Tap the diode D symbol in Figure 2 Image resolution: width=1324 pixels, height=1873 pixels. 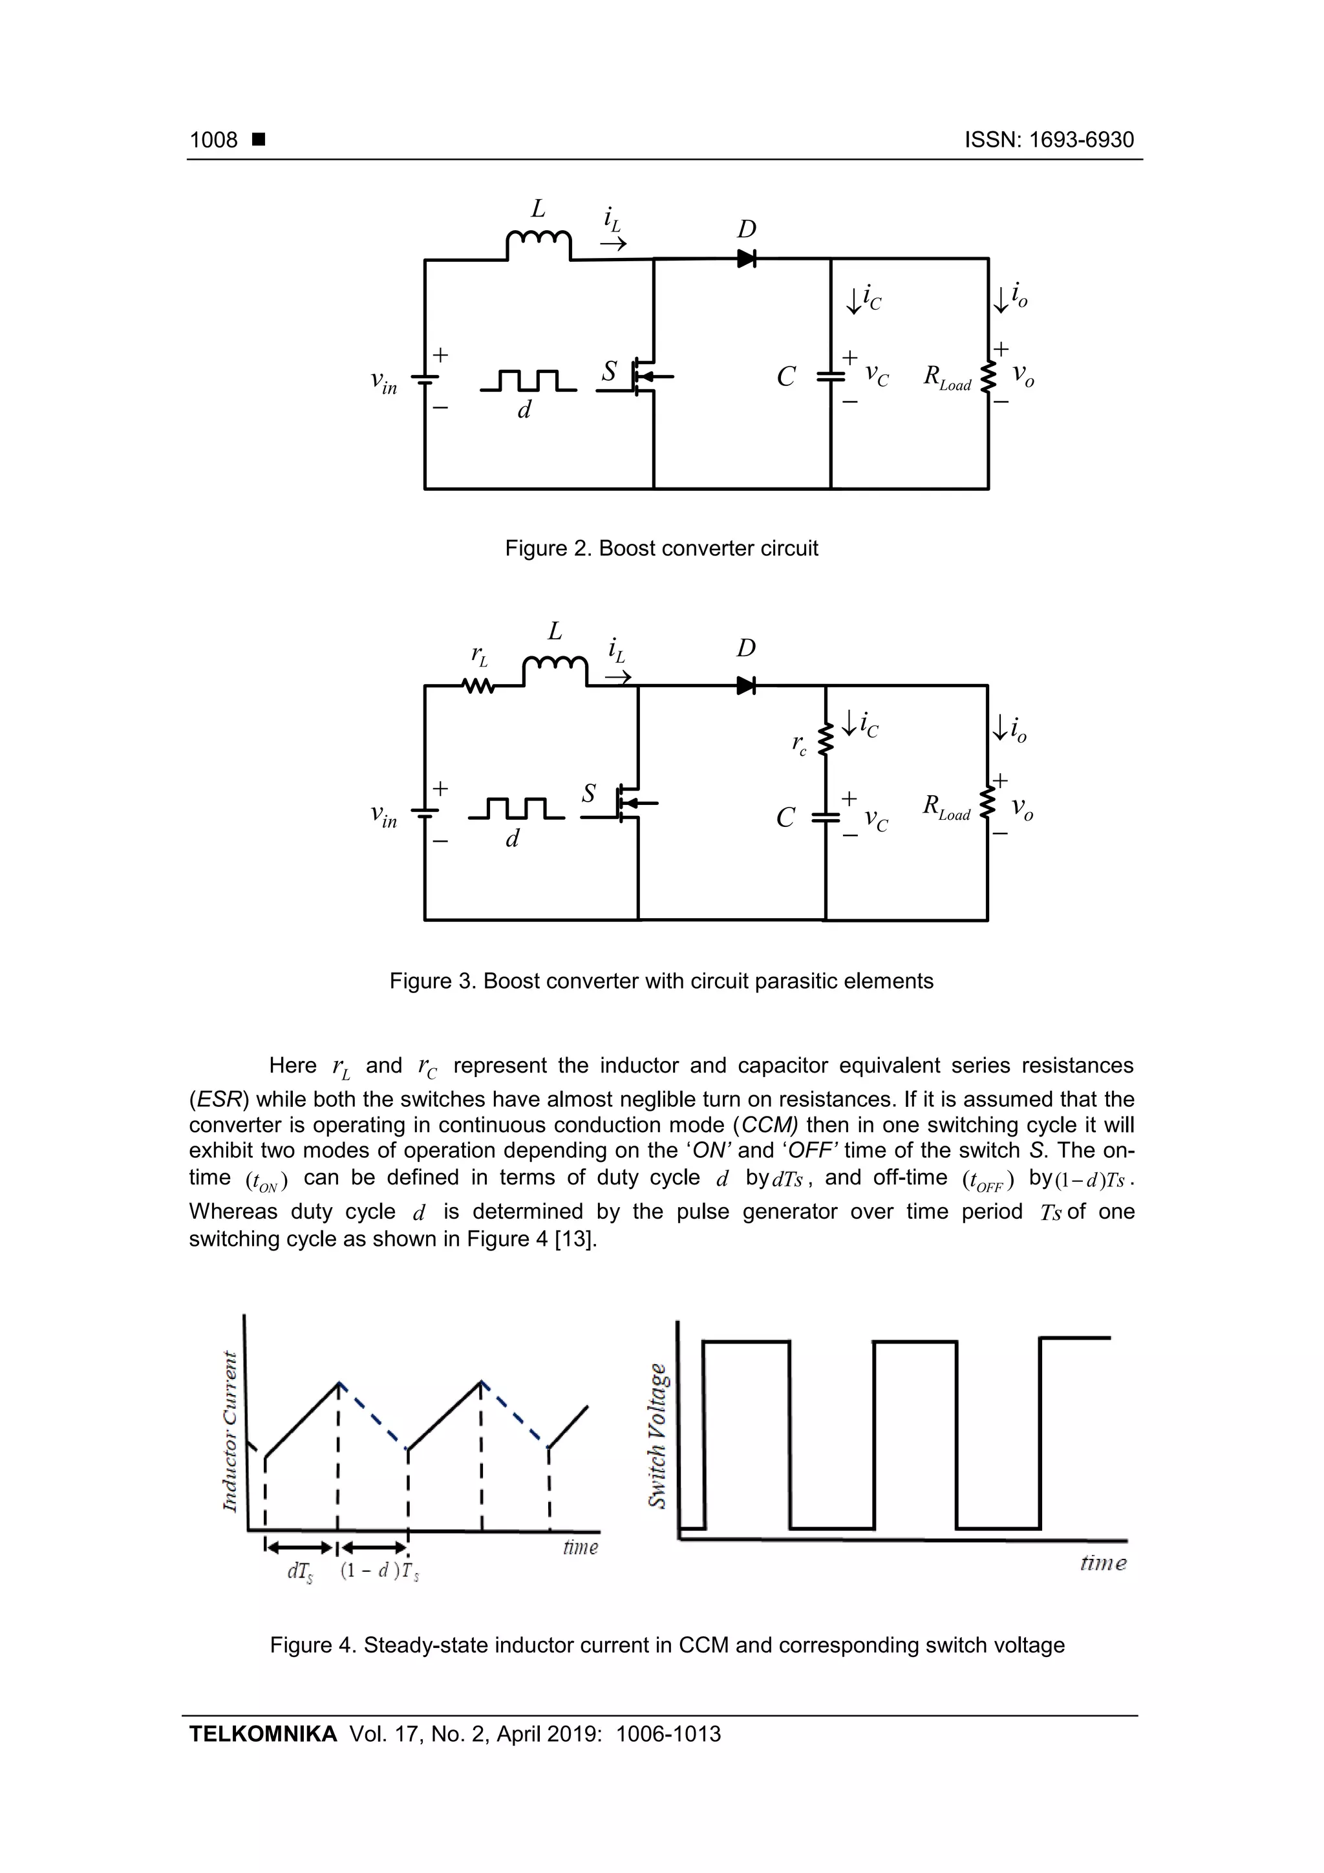point(745,259)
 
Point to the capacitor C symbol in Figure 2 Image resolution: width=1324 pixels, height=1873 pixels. point(831,377)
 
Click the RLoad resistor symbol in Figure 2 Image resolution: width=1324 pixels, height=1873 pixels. point(988,377)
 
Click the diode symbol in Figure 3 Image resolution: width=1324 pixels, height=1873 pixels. point(745,685)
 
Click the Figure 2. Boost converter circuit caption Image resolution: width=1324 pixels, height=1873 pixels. point(661,548)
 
